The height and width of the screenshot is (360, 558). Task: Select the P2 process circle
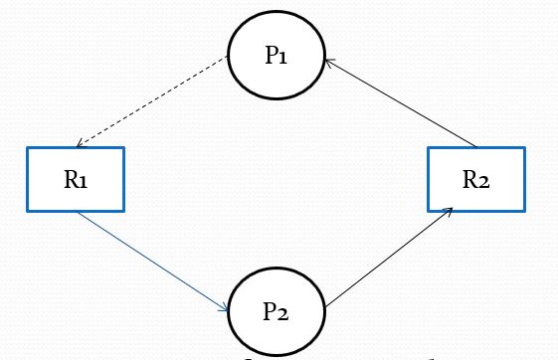tap(277, 309)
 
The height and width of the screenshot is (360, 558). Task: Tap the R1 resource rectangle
tap(77, 179)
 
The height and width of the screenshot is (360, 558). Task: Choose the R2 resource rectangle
tap(475, 179)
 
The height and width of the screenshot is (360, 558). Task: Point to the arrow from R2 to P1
tap(398, 102)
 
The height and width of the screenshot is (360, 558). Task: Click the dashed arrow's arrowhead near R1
tap(81, 144)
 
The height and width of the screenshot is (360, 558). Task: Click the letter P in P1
tap(271, 56)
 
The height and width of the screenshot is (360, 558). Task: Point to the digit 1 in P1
tap(284, 57)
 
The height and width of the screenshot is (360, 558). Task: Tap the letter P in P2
tap(270, 309)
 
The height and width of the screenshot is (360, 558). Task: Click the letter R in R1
tap(70, 179)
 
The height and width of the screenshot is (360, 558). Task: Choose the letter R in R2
tap(468, 179)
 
